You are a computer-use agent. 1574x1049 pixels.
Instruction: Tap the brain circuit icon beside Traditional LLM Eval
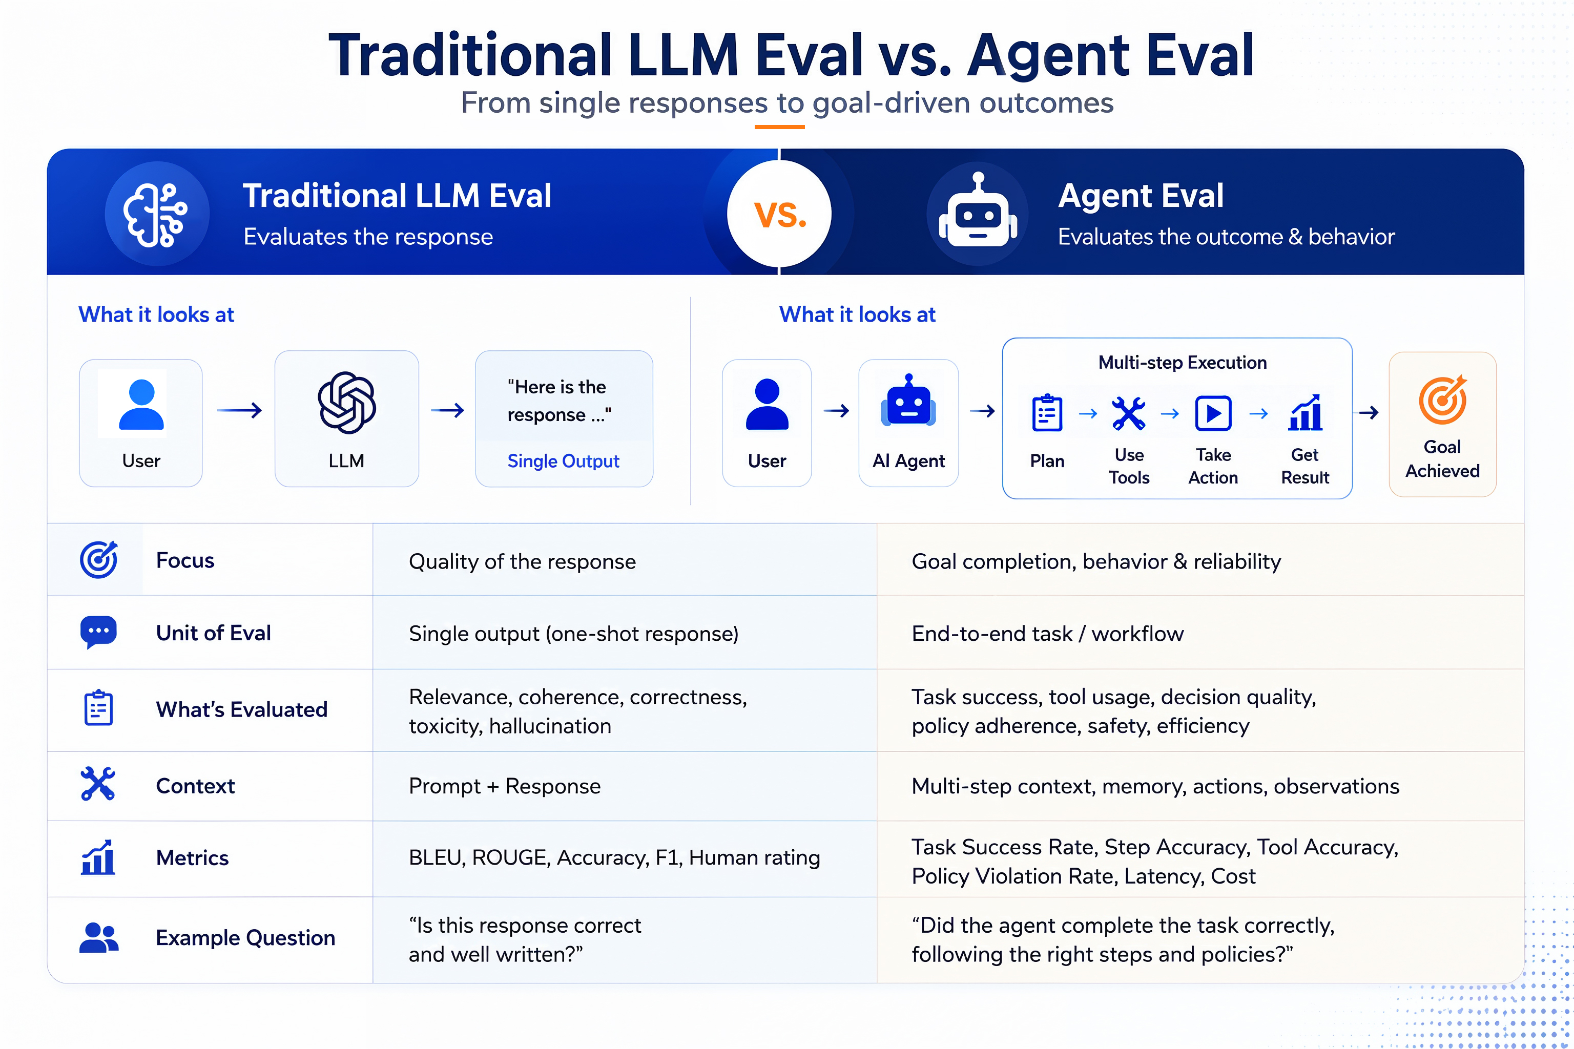tap(156, 214)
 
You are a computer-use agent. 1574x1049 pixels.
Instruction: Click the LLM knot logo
tap(347, 403)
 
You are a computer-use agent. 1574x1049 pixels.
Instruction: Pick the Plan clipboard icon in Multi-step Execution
tap(1047, 413)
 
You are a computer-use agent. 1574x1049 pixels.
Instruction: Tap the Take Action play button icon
tap(1213, 413)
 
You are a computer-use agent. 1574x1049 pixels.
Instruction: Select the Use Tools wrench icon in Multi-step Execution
tap(1128, 413)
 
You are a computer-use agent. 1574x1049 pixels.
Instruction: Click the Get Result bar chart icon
tap(1305, 412)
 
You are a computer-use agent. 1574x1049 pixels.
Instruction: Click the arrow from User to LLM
tap(239, 410)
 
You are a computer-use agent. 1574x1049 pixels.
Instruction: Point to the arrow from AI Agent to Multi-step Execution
tap(982, 411)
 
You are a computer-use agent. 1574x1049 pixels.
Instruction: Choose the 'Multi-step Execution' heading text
tap(1183, 363)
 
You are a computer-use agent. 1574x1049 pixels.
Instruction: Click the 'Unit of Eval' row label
tap(214, 633)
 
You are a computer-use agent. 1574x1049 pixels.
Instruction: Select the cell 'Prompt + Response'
tap(505, 786)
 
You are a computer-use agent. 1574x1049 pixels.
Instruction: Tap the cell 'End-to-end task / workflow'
tap(1047, 634)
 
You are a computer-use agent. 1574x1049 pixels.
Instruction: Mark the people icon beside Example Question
tap(99, 937)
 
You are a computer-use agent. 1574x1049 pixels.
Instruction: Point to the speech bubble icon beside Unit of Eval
tap(98, 632)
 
